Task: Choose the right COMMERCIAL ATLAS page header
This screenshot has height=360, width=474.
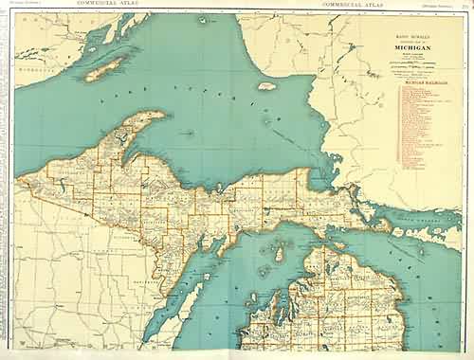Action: [352, 4]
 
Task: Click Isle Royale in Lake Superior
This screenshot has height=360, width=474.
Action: [105, 67]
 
